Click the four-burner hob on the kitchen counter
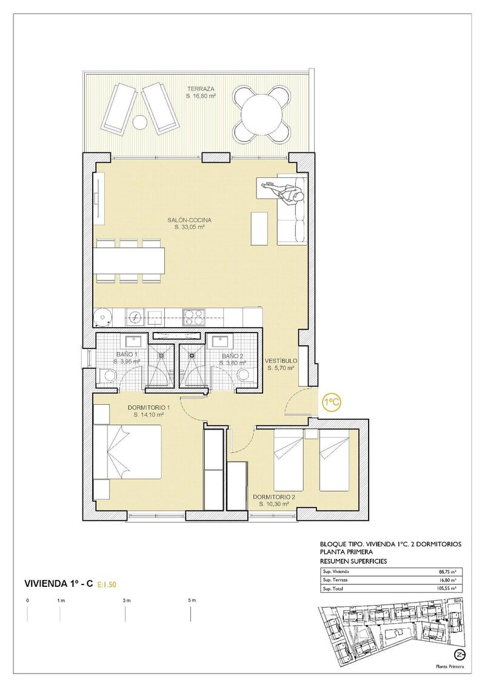click(195, 316)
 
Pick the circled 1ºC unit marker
click(330, 402)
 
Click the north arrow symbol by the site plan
click(460, 654)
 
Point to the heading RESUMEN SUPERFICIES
click(353, 561)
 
